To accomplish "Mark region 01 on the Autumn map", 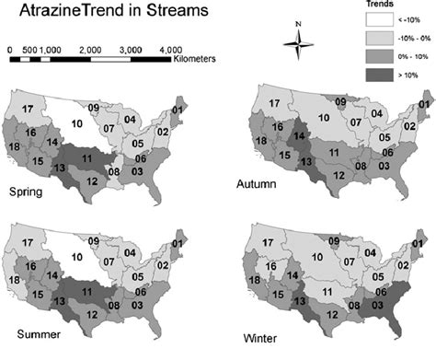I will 422,104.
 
